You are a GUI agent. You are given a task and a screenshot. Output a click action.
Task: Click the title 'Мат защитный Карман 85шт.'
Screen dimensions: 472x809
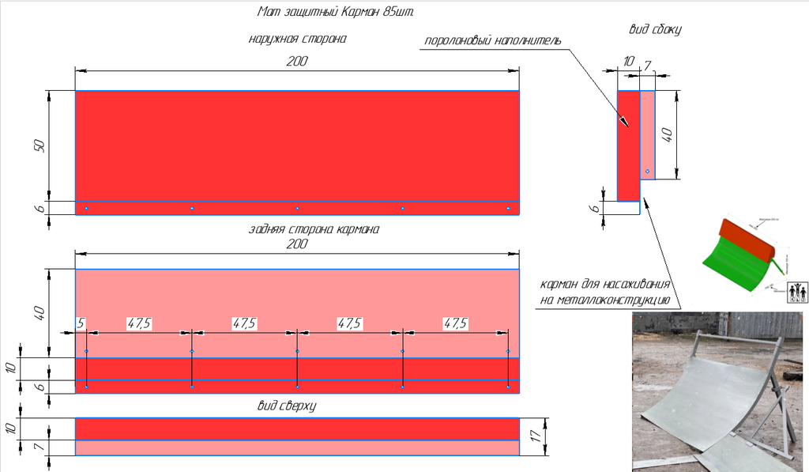(x=336, y=12)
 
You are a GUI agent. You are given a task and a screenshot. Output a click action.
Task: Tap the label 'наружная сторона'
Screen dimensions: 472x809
(x=297, y=38)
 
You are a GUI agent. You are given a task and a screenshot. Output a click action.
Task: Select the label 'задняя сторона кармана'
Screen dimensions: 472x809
(x=314, y=230)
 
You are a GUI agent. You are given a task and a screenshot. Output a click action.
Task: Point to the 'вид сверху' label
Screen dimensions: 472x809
(x=287, y=405)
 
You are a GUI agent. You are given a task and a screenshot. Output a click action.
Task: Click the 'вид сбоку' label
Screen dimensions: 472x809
(x=655, y=29)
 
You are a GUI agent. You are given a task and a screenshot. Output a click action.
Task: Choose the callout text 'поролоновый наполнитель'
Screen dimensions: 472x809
(x=493, y=41)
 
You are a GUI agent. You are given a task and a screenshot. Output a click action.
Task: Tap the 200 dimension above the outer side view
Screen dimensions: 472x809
(x=297, y=62)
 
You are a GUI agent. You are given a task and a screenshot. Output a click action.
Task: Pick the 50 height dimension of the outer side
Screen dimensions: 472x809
(x=41, y=145)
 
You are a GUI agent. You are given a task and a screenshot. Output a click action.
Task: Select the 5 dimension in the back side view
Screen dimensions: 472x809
(x=81, y=323)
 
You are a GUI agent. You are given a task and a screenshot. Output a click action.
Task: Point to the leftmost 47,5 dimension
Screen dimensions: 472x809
(x=139, y=323)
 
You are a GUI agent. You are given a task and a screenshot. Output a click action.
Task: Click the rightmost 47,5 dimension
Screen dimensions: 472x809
(x=455, y=323)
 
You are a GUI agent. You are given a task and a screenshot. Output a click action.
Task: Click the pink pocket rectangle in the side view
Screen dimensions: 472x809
(x=648, y=134)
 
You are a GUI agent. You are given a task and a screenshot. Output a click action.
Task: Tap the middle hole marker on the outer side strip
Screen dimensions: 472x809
(x=297, y=208)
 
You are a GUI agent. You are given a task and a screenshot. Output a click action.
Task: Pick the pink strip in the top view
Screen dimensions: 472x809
(x=297, y=447)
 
